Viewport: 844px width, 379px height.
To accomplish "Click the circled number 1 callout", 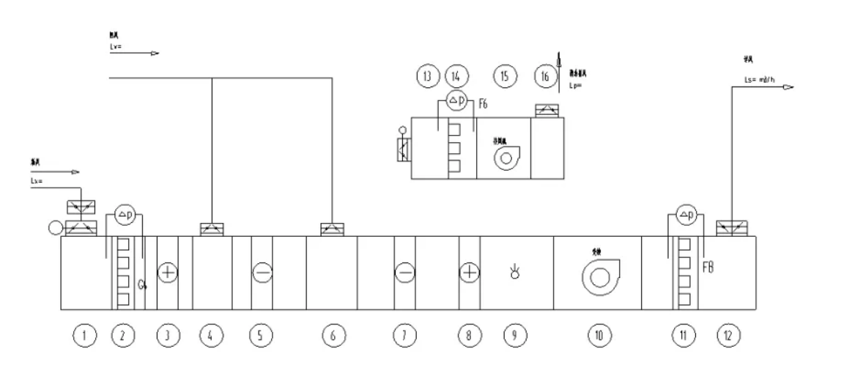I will [86, 336].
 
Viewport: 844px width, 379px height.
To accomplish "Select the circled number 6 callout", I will [332, 336].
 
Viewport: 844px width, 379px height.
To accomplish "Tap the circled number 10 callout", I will [598, 336].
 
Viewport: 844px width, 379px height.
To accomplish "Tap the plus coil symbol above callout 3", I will [168, 273].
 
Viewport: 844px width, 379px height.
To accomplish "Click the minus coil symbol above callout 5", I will [262, 273].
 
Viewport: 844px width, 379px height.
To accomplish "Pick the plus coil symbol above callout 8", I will [469, 273].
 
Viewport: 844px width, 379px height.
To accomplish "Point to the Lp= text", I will [575, 85].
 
